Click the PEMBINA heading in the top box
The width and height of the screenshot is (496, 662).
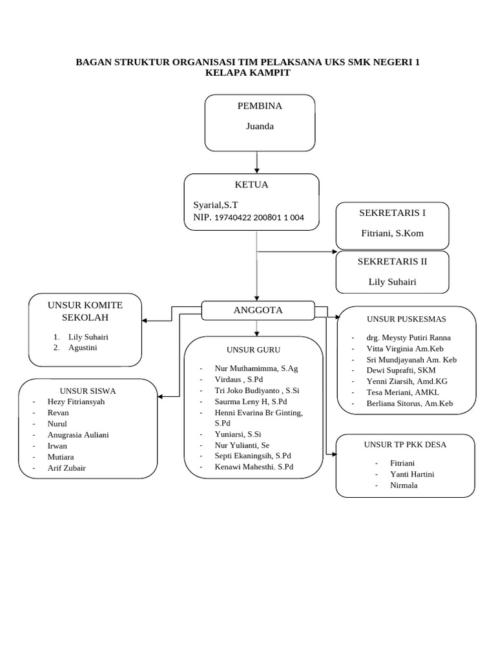tap(260, 106)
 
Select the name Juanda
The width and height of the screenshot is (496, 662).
tap(260, 126)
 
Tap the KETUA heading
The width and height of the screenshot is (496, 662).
tap(251, 185)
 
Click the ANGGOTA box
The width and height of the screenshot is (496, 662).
tap(258, 310)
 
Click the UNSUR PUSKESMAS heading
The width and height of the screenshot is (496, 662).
tap(406, 319)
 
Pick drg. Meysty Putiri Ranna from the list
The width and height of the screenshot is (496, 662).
tap(408, 337)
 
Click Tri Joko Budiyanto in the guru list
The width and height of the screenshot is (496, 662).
tap(256, 390)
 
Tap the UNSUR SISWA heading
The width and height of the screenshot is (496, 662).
tap(88, 390)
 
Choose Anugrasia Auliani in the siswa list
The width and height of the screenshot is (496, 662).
tap(78, 434)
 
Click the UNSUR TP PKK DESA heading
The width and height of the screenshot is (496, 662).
tap(405, 445)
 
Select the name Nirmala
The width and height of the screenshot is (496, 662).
tap(404, 485)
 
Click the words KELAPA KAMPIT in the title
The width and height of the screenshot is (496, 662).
tap(247, 73)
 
